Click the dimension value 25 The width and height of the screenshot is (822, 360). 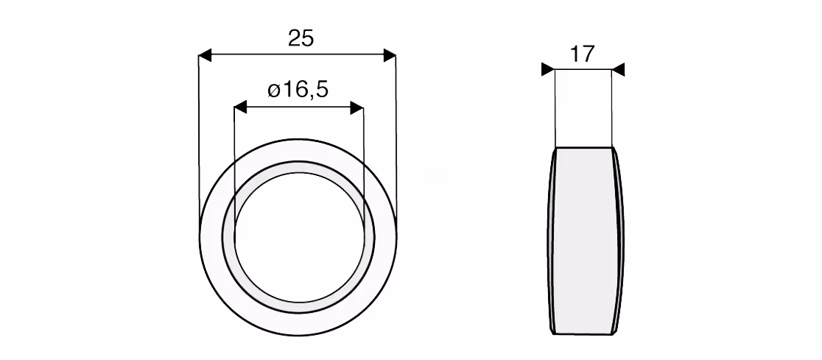point(301,39)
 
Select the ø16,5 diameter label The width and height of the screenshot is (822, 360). point(298,90)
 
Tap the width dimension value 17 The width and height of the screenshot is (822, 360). point(582,54)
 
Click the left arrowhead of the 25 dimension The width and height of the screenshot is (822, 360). point(205,55)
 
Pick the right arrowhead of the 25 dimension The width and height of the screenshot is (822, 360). point(390,55)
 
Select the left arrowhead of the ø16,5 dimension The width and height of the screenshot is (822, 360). point(240,108)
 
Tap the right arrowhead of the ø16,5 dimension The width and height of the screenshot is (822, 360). point(357,108)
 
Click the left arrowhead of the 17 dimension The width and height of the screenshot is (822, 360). point(548,69)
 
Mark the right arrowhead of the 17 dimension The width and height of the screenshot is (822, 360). point(618,69)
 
